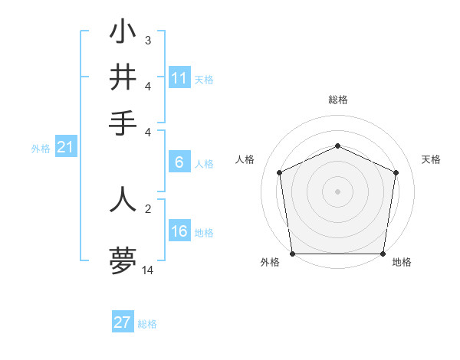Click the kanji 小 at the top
(123, 33)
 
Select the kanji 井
(123, 78)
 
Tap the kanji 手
(123, 123)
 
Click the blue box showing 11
(179, 78)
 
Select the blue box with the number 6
(179, 162)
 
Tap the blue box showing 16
(179, 232)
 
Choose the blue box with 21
(65, 149)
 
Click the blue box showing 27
(123, 322)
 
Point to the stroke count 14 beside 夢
(148, 270)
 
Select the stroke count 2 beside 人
(147, 208)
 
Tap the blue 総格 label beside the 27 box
(147, 324)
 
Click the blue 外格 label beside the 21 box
(41, 149)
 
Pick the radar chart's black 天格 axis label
(431, 159)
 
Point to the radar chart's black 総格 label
(337, 100)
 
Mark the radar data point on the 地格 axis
(382, 254)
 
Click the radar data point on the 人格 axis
(280, 172)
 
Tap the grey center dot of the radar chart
(337, 191)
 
